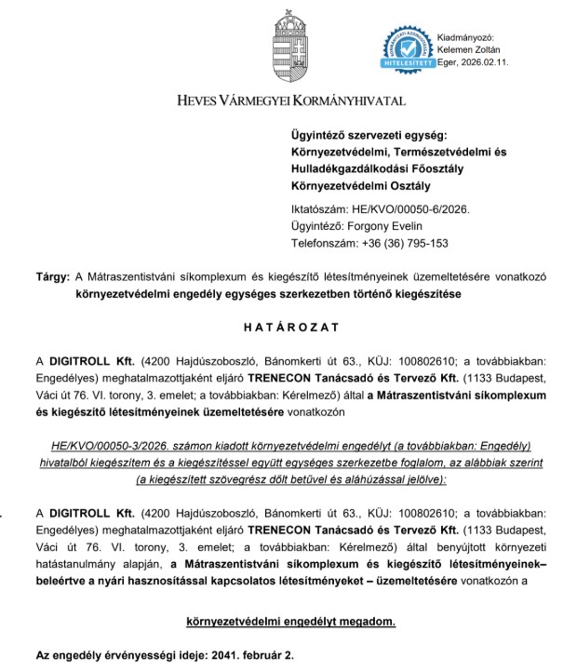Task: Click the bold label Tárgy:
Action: [x=51, y=277]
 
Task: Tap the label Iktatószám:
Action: [x=319, y=209]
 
